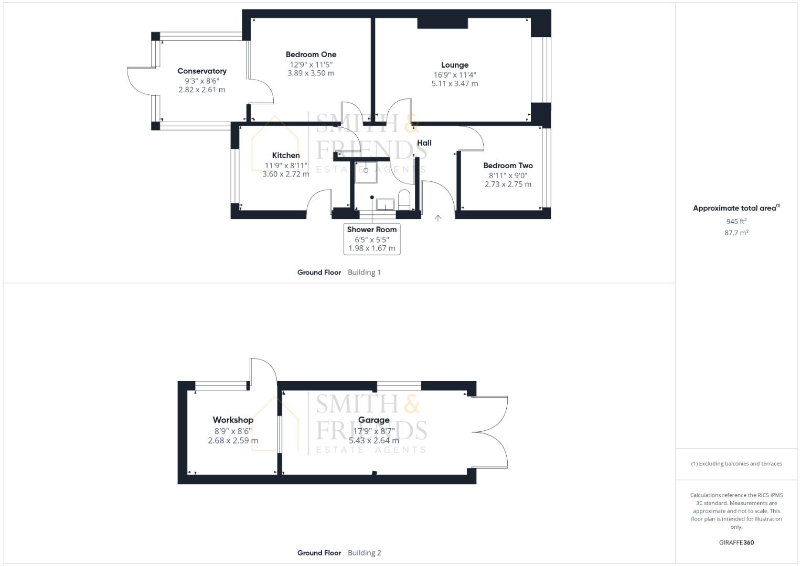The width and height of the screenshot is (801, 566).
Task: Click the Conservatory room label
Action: (x=202, y=71)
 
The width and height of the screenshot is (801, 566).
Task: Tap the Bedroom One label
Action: (x=311, y=55)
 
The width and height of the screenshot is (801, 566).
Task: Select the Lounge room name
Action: (x=455, y=65)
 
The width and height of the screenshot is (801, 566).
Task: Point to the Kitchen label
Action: (x=286, y=155)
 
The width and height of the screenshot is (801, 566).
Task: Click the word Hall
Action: (x=424, y=143)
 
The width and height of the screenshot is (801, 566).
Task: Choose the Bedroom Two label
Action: (x=508, y=166)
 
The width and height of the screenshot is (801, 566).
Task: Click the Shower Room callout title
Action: (x=372, y=230)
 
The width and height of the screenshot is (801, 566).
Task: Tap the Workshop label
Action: (x=233, y=420)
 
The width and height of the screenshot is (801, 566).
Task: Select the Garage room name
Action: (x=374, y=420)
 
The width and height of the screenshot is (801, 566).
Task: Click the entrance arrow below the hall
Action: (x=438, y=218)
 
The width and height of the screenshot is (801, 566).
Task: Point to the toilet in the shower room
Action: (x=404, y=200)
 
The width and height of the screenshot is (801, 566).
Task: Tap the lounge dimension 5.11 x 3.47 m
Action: (x=455, y=83)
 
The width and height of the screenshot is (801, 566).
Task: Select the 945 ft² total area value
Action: (x=736, y=221)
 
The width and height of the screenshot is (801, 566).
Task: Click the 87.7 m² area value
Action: (x=736, y=233)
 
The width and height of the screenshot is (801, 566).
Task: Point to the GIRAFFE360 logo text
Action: (x=736, y=542)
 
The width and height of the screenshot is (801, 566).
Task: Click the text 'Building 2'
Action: (x=365, y=552)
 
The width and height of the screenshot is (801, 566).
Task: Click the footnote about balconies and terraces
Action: (x=736, y=464)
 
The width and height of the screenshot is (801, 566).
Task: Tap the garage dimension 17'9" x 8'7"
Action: (x=374, y=431)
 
